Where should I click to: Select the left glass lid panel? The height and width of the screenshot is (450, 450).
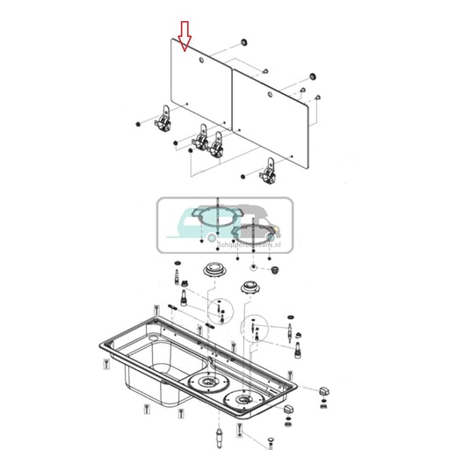coord(201,88)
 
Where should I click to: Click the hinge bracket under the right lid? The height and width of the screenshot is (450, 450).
coord(268,169)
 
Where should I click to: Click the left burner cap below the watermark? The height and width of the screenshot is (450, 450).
coord(214,268)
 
